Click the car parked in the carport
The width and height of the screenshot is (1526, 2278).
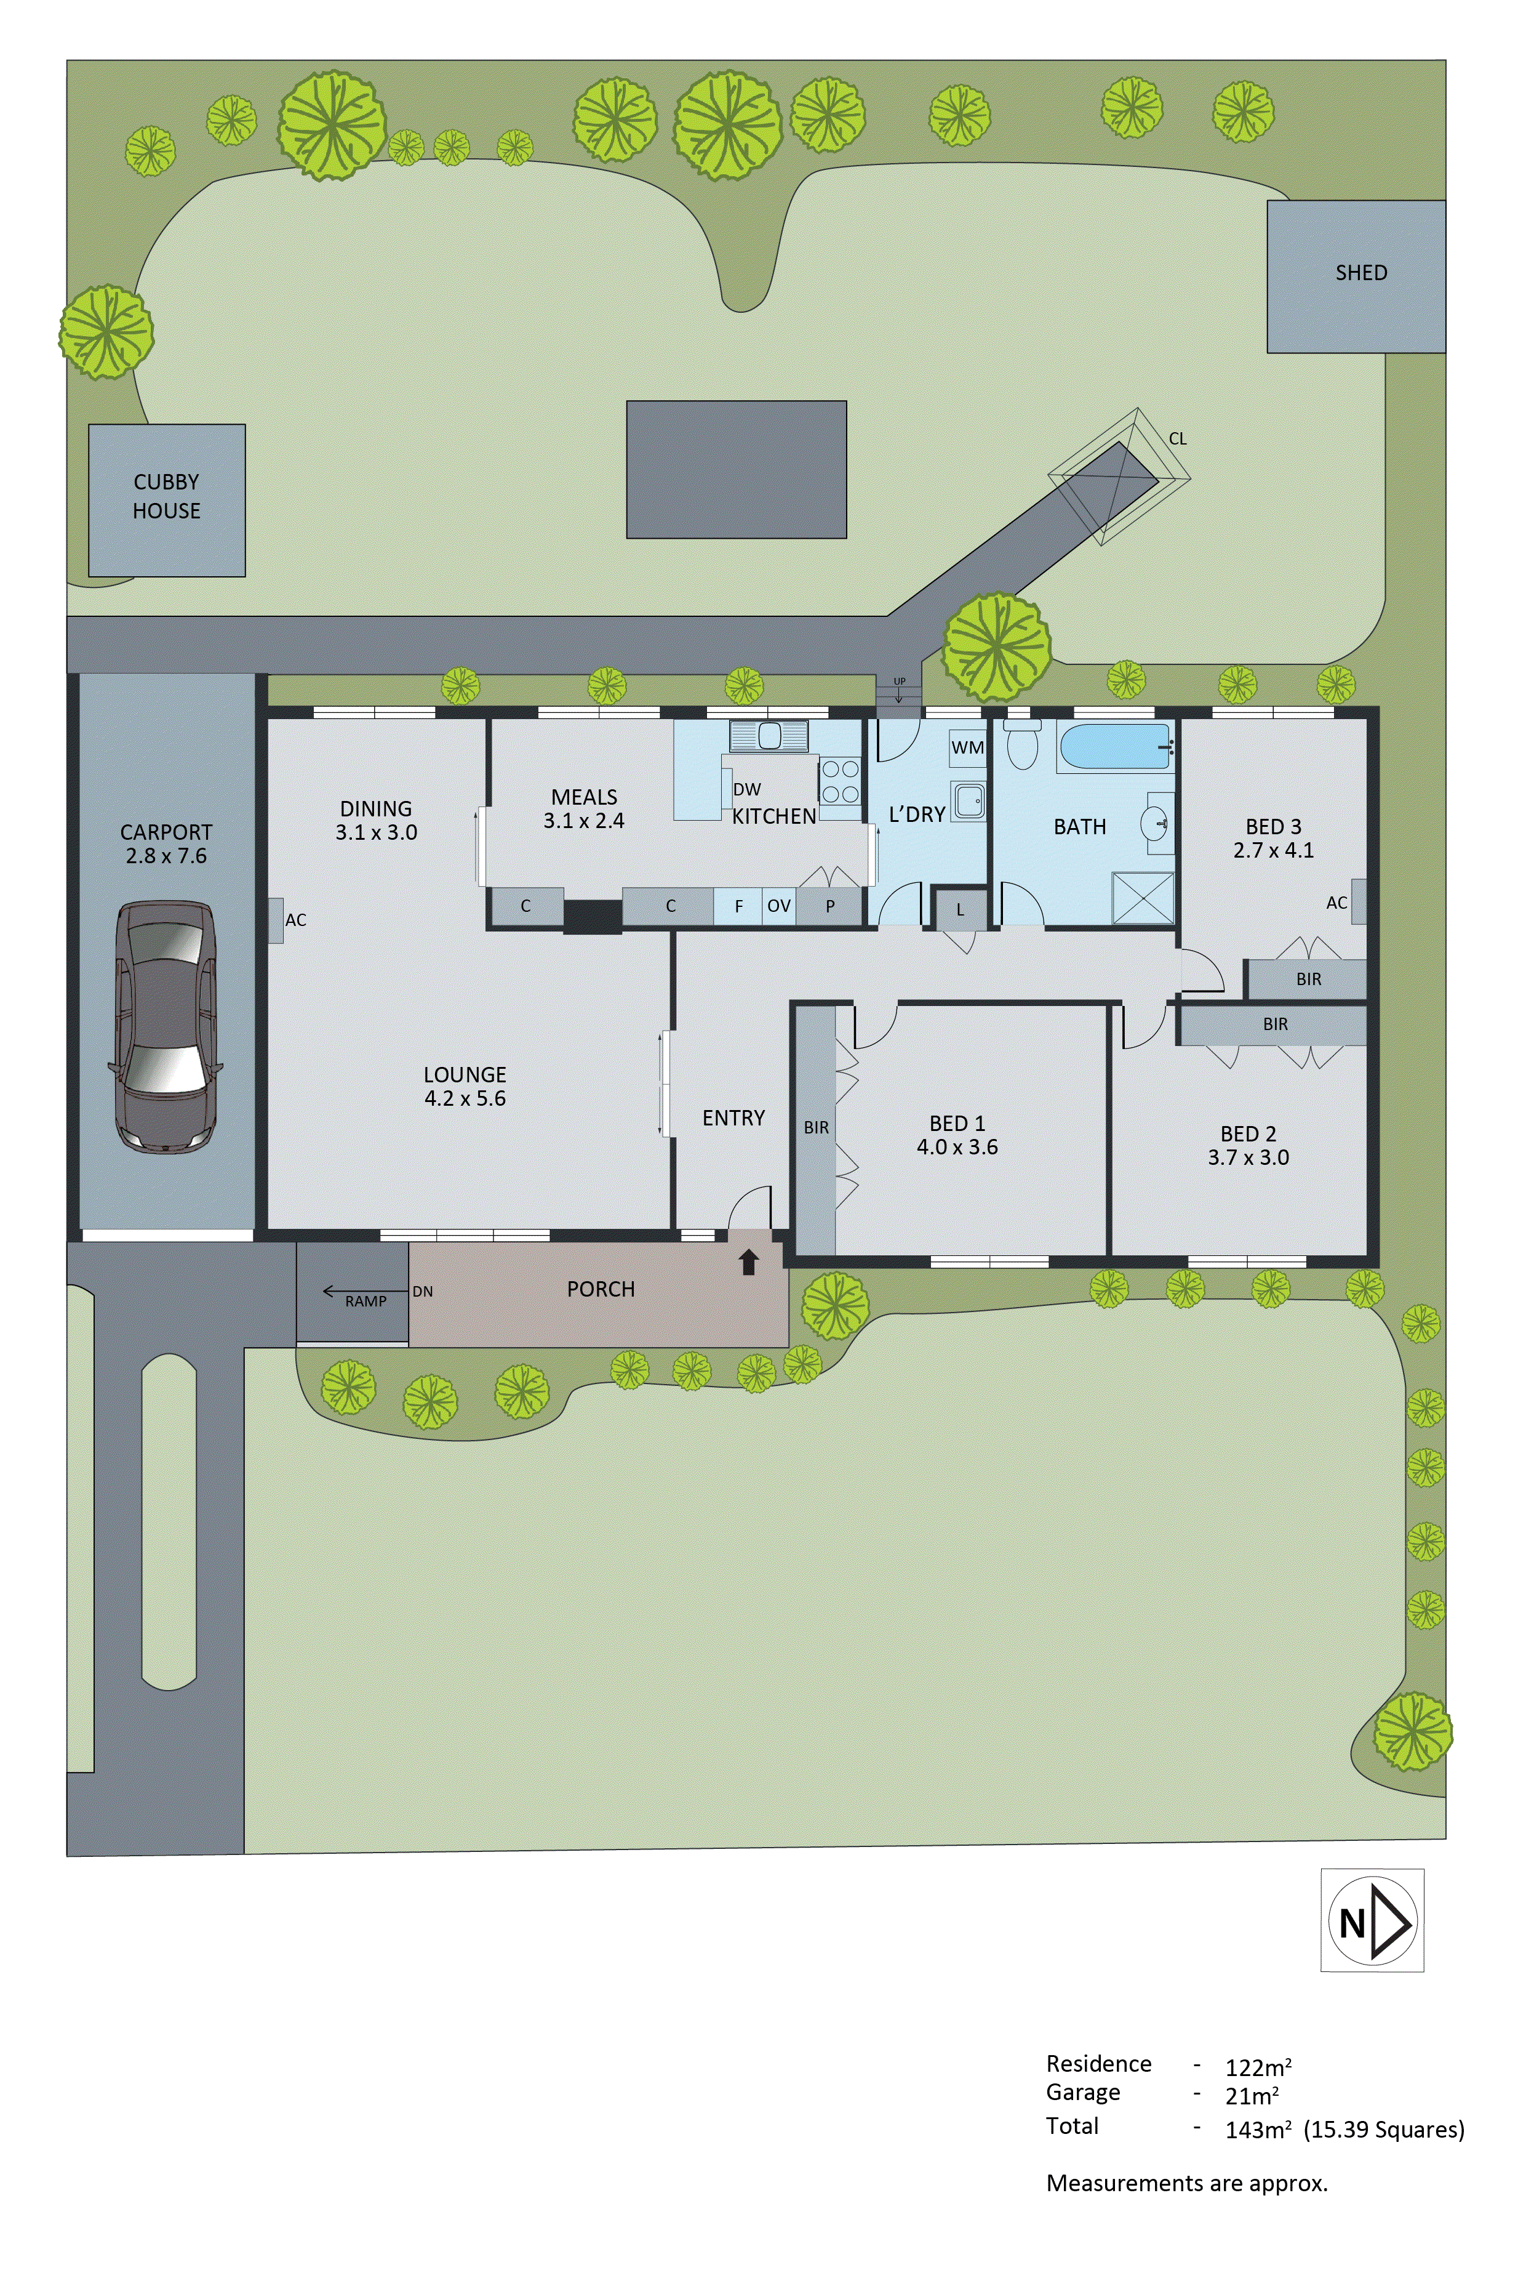166,1027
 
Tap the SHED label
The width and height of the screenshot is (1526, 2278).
1360,273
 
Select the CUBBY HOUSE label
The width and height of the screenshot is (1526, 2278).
166,496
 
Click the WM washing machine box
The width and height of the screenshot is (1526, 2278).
967,747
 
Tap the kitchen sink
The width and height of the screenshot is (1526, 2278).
769,735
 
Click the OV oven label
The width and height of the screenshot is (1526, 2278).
778,906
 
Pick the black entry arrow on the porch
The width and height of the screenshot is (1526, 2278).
748,1263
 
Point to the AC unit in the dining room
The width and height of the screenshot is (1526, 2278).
276,920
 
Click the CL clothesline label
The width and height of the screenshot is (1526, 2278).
1178,439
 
